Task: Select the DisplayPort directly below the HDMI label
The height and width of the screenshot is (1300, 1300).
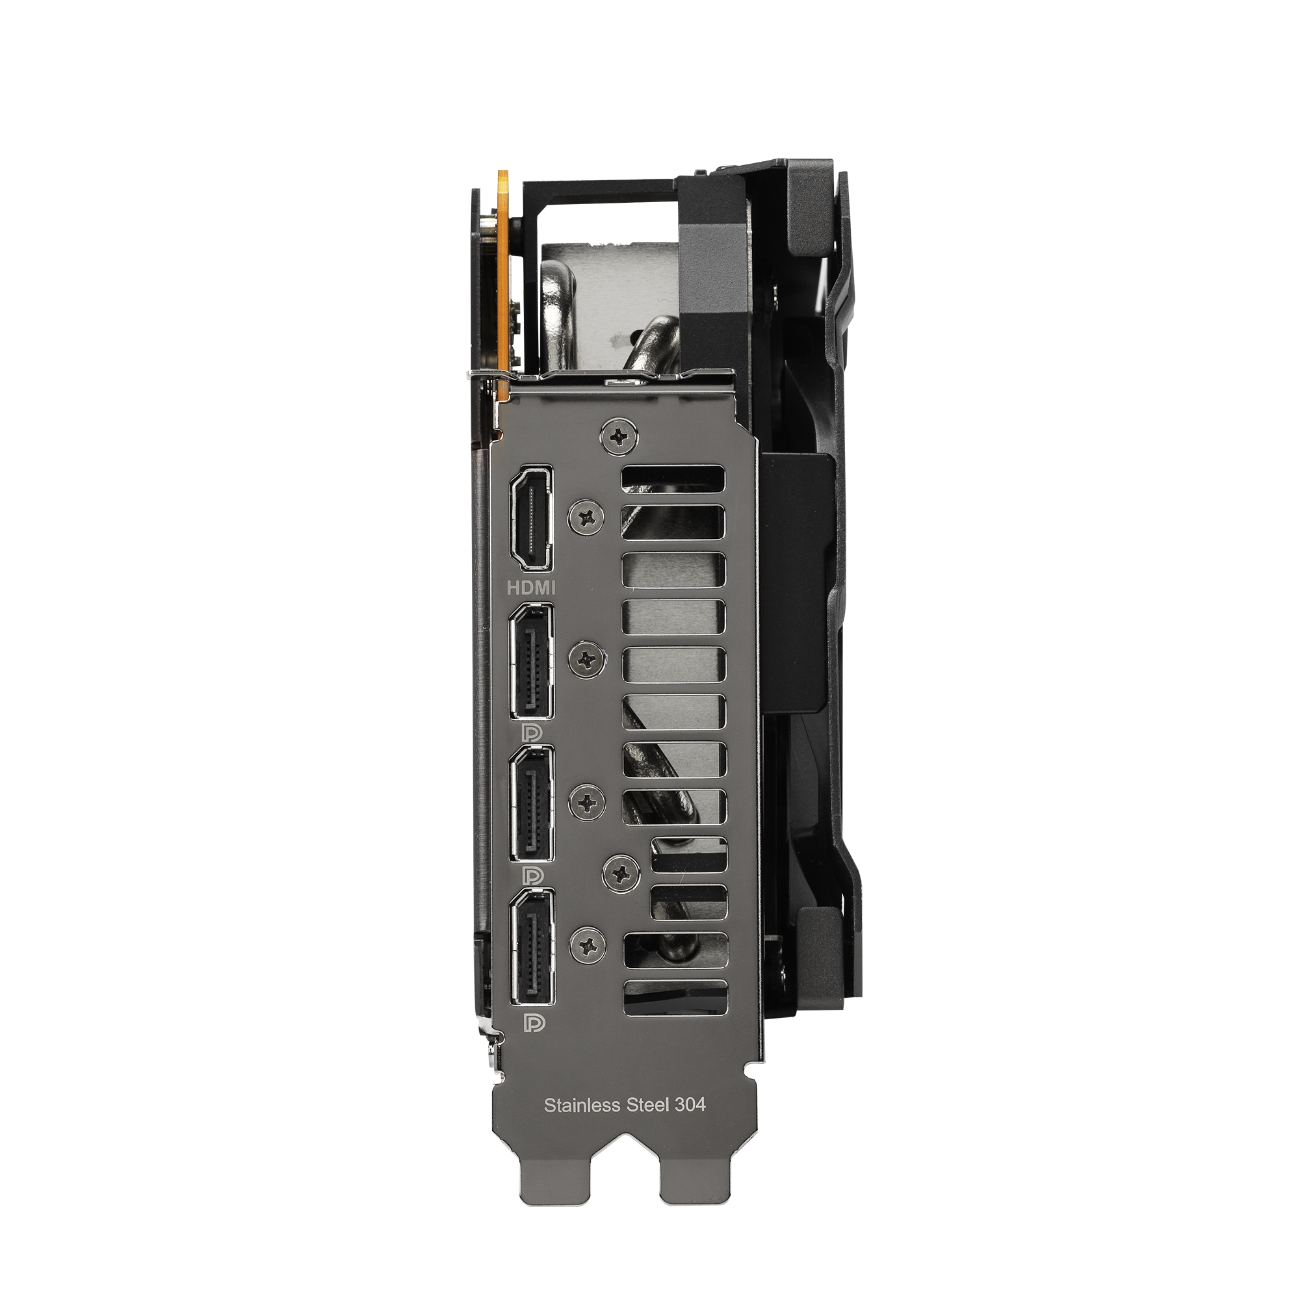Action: click(532, 662)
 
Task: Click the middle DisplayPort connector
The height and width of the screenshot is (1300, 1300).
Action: click(532, 805)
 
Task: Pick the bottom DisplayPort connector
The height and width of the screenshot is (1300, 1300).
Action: click(532, 948)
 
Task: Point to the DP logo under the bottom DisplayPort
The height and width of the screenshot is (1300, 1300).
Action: click(534, 1024)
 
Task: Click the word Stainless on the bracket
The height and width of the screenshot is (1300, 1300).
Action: click(580, 1105)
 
